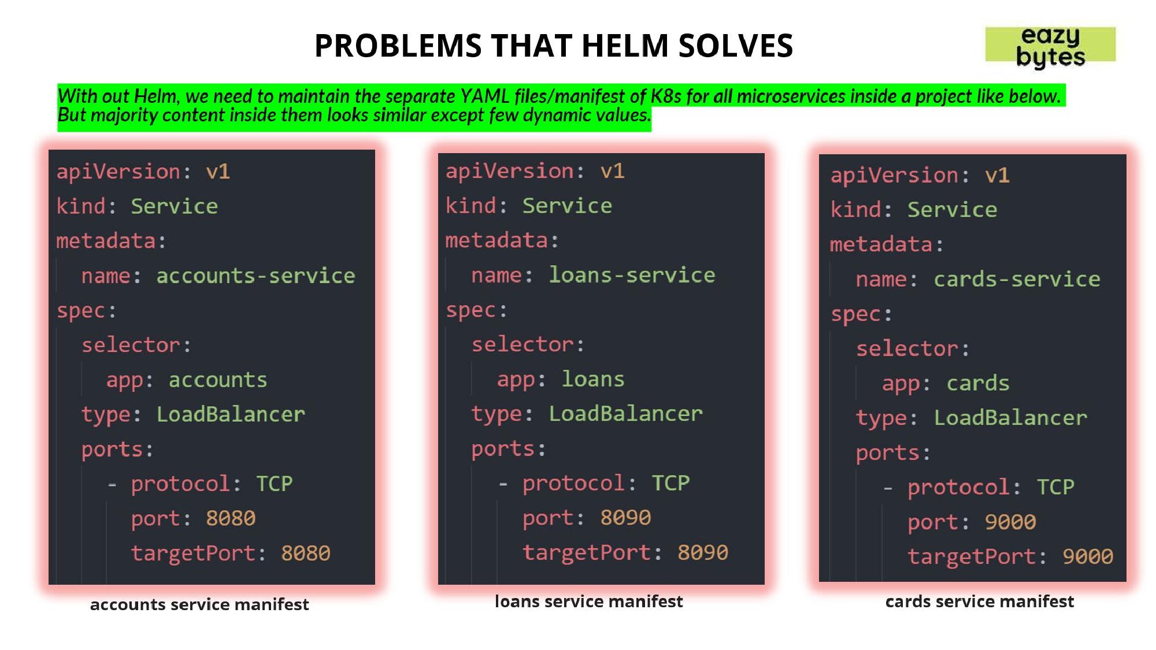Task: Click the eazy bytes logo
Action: tap(1050, 46)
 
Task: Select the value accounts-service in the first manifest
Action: tap(255, 276)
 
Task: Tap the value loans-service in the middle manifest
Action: tap(632, 275)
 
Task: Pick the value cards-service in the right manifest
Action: tap(1017, 279)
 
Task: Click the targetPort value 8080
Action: tap(306, 553)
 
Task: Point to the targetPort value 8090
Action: tap(703, 552)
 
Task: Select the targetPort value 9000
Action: tap(1088, 556)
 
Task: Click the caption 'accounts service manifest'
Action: tap(199, 604)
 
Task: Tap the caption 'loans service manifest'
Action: tap(589, 601)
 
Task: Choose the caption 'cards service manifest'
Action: tap(980, 601)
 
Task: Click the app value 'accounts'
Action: tap(218, 380)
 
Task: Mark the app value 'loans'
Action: tap(593, 379)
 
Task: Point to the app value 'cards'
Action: tap(978, 383)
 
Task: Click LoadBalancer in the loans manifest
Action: tap(625, 414)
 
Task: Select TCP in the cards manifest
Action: tap(1055, 487)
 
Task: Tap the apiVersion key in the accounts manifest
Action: tap(118, 172)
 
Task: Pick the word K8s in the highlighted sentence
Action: tap(666, 96)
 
